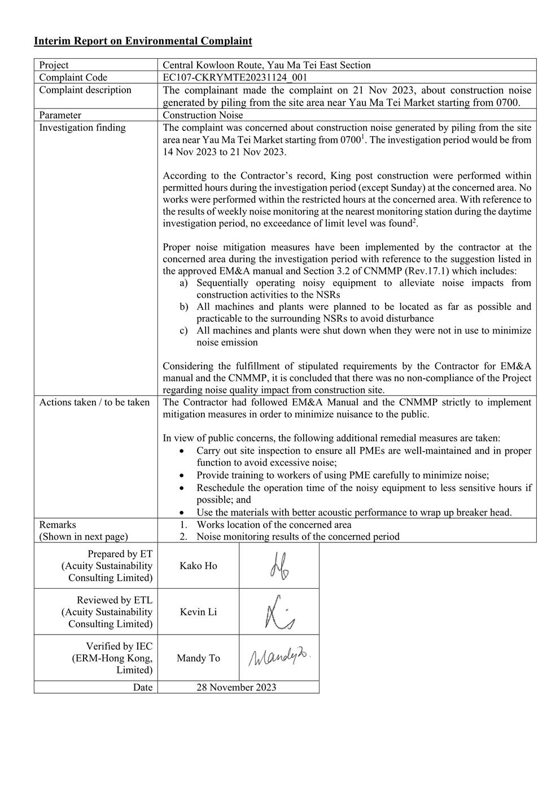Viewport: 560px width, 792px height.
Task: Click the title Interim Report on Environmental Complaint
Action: point(143,41)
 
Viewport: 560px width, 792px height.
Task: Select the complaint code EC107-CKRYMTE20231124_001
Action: point(235,77)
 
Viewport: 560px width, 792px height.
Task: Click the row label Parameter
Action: point(60,115)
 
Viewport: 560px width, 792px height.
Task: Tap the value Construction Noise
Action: point(203,115)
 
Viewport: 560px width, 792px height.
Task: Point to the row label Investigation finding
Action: point(82,128)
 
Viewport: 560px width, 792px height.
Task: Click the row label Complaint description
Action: point(85,90)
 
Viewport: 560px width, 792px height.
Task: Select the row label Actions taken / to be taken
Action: point(94,402)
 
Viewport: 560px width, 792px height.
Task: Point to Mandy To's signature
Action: point(279,658)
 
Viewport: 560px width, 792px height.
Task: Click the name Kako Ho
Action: point(198,566)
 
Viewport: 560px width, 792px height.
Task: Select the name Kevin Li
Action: point(198,612)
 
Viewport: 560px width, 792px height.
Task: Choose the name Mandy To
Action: point(198,658)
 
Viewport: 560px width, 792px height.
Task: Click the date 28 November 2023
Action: point(236,687)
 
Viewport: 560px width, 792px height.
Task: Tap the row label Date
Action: point(143,687)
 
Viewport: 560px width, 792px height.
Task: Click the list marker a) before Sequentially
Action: point(184,283)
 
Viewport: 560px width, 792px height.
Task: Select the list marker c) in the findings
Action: point(184,330)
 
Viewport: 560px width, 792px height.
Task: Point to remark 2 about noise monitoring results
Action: point(297,536)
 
